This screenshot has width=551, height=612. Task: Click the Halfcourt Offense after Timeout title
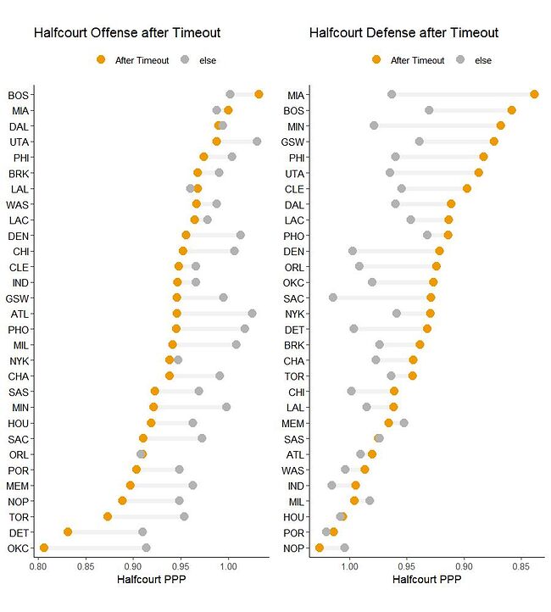coord(127,33)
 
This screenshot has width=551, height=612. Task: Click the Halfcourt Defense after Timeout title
coord(404,33)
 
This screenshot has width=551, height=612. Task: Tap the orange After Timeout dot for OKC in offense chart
coord(44,548)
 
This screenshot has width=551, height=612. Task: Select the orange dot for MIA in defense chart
coord(534,94)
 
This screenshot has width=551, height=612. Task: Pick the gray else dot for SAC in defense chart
coord(333,298)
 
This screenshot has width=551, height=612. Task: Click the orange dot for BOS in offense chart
coord(259,94)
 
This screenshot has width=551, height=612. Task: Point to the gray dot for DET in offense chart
coord(142,532)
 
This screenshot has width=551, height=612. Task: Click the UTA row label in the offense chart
coord(20,142)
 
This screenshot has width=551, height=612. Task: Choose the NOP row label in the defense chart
coord(294,548)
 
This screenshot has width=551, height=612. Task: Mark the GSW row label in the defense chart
coord(293,142)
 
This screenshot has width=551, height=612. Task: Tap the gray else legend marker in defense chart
coord(461,60)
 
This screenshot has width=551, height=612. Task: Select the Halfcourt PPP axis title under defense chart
coord(422,581)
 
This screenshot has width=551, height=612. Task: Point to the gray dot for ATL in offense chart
coord(252,314)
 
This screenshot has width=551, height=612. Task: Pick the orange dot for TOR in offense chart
coord(108,516)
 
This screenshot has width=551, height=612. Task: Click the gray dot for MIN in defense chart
coord(374,125)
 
